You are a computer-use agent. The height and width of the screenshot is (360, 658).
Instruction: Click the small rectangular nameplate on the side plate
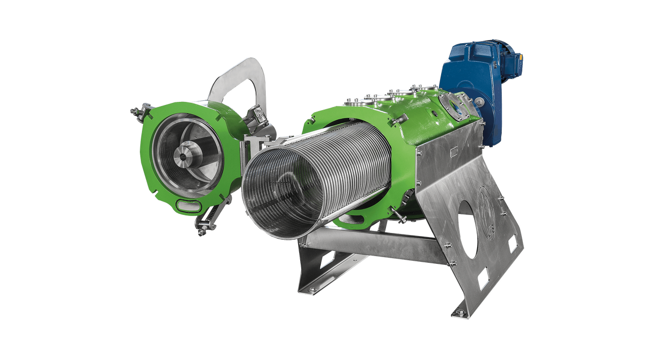(x=453, y=152)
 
